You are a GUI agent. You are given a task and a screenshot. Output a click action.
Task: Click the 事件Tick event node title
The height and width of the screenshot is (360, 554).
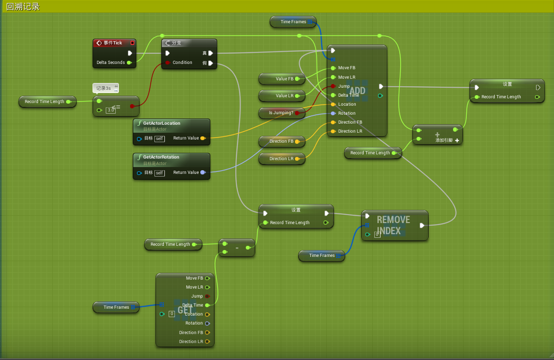[113, 43]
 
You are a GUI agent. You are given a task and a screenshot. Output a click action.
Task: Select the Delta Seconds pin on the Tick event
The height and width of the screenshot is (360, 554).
[129, 62]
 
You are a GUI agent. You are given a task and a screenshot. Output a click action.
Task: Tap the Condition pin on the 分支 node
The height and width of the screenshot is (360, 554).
[168, 62]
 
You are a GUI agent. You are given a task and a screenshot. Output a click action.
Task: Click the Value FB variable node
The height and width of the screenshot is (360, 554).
[282, 79]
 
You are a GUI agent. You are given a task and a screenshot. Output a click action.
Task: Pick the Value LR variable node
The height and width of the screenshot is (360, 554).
[282, 96]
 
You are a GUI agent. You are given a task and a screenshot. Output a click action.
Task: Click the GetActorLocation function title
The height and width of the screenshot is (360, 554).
[161, 123]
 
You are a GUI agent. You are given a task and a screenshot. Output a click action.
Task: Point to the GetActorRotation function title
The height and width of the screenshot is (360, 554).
[161, 157]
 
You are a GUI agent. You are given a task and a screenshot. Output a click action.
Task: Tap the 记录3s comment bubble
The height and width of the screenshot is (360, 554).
[104, 88]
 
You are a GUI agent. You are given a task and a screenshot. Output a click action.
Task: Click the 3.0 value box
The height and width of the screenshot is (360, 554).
[110, 110]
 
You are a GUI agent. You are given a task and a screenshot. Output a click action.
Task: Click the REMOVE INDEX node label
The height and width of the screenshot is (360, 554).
[393, 225]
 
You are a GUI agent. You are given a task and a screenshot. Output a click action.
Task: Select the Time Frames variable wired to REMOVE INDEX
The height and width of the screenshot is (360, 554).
[321, 255]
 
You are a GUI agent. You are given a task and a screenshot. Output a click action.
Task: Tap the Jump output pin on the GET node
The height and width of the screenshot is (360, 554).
[207, 296]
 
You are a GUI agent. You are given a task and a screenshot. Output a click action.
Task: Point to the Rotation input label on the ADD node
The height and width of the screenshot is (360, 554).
[347, 113]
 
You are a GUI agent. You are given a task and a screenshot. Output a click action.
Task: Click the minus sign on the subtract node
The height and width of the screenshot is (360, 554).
[237, 248]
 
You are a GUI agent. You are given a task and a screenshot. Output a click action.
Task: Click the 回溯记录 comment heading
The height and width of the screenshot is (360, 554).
[23, 7]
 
